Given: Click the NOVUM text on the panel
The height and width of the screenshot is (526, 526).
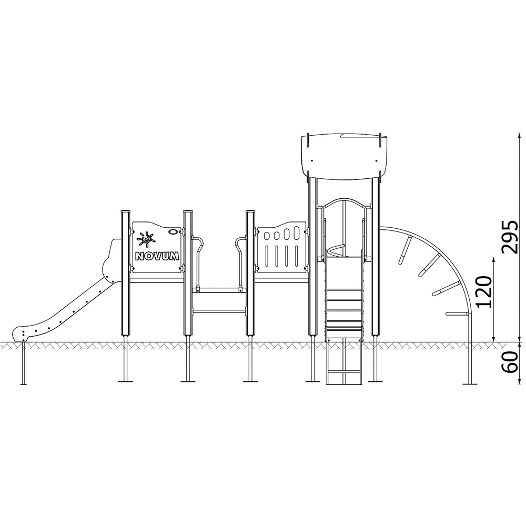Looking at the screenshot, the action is click(x=157, y=257).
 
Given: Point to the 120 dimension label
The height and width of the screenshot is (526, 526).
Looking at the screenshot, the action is click(x=484, y=292).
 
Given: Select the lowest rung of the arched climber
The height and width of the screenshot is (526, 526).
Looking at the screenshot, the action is click(x=458, y=314).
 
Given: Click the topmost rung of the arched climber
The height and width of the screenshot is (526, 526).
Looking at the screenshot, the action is click(x=405, y=249).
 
